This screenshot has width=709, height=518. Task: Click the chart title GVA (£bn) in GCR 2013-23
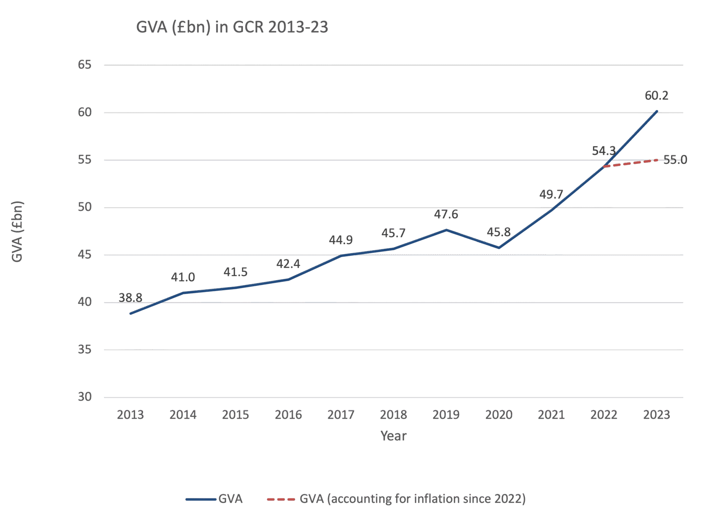(x=232, y=28)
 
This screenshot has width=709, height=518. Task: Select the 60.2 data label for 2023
(x=656, y=96)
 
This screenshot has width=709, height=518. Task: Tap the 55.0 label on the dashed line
(x=675, y=160)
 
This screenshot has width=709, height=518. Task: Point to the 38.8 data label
(x=130, y=298)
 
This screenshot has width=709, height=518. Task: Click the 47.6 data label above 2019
(x=446, y=215)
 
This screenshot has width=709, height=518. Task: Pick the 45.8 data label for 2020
(x=499, y=232)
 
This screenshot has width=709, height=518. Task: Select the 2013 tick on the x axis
(x=130, y=415)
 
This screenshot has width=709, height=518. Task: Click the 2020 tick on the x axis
(x=499, y=415)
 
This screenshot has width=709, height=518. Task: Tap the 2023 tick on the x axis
(x=656, y=415)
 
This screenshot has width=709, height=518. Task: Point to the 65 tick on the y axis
(x=85, y=65)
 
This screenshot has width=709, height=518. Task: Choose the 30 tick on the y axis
(x=85, y=397)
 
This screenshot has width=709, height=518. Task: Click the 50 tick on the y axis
(x=85, y=207)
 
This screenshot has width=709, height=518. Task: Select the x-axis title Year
(x=393, y=436)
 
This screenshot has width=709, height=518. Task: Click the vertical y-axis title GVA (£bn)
(x=17, y=231)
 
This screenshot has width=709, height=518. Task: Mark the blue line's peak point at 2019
(x=446, y=230)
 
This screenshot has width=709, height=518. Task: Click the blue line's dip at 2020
(x=499, y=248)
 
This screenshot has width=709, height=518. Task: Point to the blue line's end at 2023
(x=656, y=111)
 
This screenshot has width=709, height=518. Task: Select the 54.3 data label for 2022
(x=604, y=151)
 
